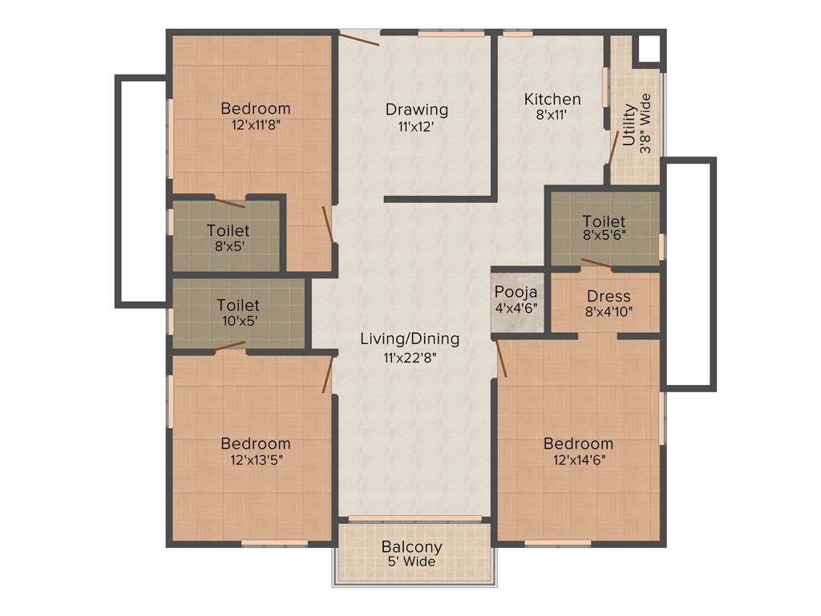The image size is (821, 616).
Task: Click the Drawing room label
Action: [x=416, y=110]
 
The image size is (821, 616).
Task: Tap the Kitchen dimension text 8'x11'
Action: [x=552, y=114]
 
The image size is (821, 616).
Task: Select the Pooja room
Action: [x=516, y=298]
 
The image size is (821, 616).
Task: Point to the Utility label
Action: [x=629, y=125]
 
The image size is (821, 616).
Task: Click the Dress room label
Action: [x=609, y=296]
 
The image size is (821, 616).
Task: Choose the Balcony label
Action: [x=411, y=548]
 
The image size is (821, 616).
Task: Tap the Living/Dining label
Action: [x=410, y=338]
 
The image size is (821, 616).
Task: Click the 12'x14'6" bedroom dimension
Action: [x=578, y=460]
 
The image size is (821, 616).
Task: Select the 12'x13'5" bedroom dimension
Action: [x=256, y=460]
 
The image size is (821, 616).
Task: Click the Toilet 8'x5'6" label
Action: [x=604, y=221]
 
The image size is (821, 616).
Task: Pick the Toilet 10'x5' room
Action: [x=238, y=313]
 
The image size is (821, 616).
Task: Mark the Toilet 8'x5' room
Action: [x=227, y=237]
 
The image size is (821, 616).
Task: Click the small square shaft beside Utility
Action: [x=647, y=50]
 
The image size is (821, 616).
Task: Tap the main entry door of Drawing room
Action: [x=358, y=37]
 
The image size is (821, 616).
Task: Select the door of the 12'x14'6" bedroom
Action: [x=501, y=358]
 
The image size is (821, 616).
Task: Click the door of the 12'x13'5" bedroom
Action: [x=327, y=375]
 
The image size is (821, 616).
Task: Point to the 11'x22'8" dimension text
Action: [x=410, y=359]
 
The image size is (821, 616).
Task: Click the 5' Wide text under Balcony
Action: [x=411, y=562]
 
